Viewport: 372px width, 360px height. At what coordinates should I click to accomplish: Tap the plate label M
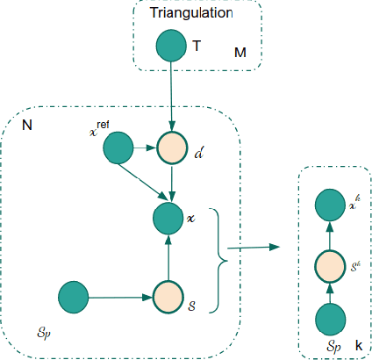point(240,54)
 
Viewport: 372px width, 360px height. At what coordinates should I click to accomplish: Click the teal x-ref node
point(118,149)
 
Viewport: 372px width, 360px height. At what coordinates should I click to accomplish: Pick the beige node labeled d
point(172,149)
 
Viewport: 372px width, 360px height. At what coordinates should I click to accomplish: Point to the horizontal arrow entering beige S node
point(119,297)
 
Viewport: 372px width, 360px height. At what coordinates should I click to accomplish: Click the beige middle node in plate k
point(330,264)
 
